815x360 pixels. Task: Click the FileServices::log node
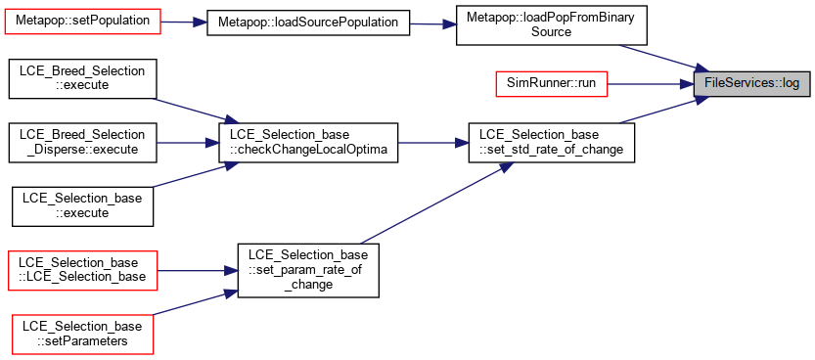click(751, 83)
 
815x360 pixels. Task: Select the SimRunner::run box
click(551, 83)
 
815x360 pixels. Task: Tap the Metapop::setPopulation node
click(82, 22)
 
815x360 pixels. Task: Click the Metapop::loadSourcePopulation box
click(308, 22)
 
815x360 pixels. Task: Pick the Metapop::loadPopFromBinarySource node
click(551, 24)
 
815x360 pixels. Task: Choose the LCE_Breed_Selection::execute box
click(82, 78)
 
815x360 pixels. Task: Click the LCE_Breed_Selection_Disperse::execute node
click(82, 143)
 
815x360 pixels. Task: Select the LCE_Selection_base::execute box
click(82, 206)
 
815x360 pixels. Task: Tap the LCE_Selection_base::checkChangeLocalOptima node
click(308, 143)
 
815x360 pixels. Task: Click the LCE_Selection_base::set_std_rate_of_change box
click(551, 143)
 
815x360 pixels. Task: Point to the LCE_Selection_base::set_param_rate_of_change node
click(308, 270)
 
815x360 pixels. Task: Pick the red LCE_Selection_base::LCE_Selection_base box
click(82, 270)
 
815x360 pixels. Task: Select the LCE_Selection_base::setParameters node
click(82, 334)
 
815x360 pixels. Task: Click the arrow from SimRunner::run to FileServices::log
click(651, 83)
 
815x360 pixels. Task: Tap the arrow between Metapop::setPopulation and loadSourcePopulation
click(184, 22)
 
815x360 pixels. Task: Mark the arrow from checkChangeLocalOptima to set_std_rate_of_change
click(433, 143)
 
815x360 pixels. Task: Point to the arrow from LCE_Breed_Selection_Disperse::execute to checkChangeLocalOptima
click(188, 143)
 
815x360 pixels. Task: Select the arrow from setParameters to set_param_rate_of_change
click(195, 303)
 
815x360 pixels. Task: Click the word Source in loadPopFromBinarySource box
click(551, 32)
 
